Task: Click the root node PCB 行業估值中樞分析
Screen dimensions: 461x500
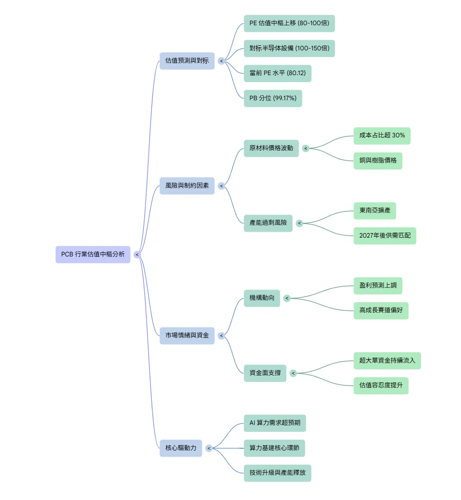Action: click(x=93, y=255)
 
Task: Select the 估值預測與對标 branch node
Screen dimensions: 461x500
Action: click(x=187, y=61)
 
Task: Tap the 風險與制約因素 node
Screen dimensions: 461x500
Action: click(x=187, y=186)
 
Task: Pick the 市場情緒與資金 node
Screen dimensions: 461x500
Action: click(x=187, y=336)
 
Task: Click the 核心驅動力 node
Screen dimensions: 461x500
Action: click(x=181, y=448)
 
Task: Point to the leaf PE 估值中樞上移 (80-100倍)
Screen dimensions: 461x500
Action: click(x=289, y=23)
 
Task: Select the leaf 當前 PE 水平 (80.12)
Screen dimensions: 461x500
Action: click(x=278, y=73)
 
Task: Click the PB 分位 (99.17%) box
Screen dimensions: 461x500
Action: click(x=273, y=98)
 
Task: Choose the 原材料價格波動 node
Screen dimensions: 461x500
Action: click(x=271, y=148)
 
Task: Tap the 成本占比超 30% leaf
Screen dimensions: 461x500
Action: click(x=382, y=136)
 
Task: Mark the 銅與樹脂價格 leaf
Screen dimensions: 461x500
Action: click(x=378, y=161)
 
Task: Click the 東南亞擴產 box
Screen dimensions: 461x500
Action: click(x=375, y=211)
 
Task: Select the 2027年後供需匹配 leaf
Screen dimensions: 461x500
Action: click(x=385, y=236)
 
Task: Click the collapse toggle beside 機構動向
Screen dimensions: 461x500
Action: click(x=287, y=298)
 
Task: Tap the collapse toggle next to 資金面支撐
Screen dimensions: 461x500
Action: click(x=293, y=373)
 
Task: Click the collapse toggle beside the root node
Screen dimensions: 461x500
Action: click(x=137, y=255)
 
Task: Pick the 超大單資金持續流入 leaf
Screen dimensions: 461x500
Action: click(x=387, y=361)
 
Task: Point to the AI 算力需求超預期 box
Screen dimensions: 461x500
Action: click(x=274, y=423)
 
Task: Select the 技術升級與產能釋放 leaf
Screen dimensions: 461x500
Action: click(x=278, y=473)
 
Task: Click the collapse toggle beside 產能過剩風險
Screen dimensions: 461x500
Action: click(x=299, y=223)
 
